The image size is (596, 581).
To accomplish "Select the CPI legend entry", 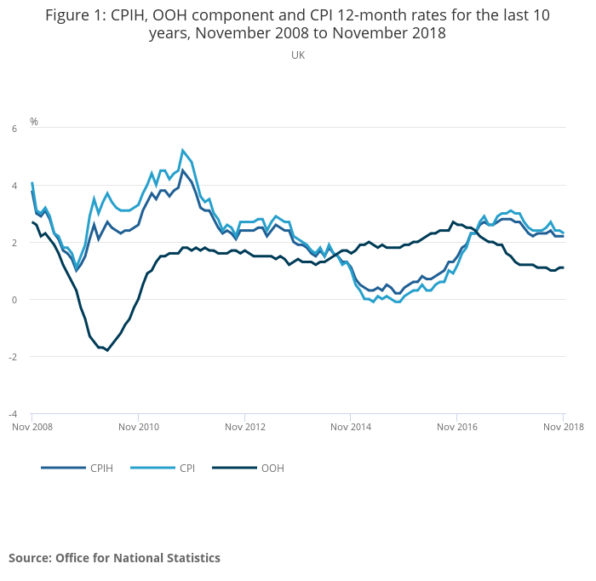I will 186,468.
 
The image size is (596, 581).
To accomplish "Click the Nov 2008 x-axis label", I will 32,426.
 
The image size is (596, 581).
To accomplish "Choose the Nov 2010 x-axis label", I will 139,426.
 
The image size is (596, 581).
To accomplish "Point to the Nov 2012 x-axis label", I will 245,426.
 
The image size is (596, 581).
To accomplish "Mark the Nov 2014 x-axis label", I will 352,426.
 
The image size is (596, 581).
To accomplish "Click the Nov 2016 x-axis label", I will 458,426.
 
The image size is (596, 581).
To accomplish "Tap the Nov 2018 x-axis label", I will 564,426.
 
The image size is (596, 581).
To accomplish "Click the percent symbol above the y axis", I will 34,121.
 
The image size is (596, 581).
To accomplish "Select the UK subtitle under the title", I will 298,55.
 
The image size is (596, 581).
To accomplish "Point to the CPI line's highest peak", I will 182,150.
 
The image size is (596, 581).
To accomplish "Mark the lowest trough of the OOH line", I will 107,350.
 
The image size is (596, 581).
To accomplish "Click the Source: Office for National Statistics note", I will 114,558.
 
